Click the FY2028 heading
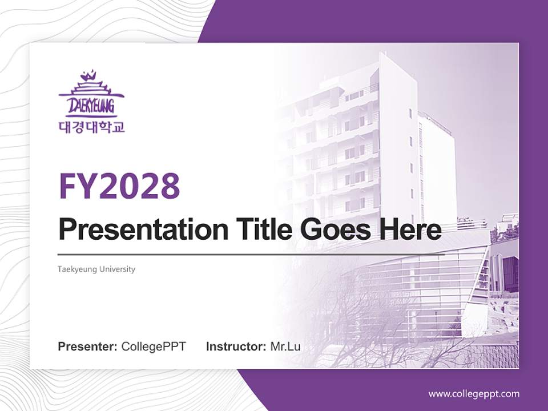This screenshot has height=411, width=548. tap(119, 186)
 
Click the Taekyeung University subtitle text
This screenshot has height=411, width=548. tap(96, 269)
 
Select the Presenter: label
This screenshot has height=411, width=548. tap(88, 346)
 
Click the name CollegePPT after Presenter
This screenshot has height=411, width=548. tap(154, 346)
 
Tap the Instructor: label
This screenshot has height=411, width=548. tap(236, 346)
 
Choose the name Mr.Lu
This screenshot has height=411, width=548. tap(285, 346)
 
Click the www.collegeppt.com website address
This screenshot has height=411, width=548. tap(474, 393)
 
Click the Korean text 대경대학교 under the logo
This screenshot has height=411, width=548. tap(91, 126)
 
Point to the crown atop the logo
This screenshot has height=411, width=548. tap(89, 75)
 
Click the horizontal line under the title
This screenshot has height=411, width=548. tap(251, 254)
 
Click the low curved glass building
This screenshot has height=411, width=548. tap(422, 291)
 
